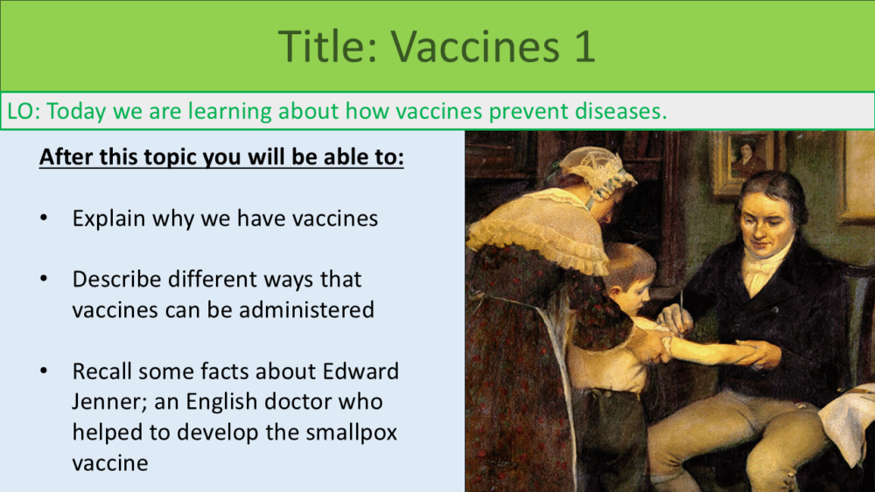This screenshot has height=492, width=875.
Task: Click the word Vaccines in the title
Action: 475,45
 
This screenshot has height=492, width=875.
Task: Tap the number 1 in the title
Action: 583,45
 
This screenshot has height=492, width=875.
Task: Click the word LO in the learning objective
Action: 21,111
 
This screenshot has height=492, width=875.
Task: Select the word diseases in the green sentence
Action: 620,111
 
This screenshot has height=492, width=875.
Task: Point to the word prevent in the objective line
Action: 528,112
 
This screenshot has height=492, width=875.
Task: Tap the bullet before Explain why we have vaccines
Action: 44,218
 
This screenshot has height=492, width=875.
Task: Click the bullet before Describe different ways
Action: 44,279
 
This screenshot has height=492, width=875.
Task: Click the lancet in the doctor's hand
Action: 681,307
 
